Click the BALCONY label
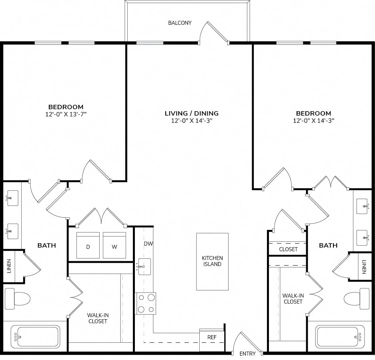(180, 23)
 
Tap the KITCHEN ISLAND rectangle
(213, 262)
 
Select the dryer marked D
(88, 245)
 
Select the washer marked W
(114, 245)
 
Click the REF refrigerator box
(212, 337)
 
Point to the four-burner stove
(146, 303)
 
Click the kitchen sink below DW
(144, 266)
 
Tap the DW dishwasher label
(148, 244)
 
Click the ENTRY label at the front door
(247, 354)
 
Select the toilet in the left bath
(18, 298)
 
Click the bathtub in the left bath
(35, 336)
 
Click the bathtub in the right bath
(340, 336)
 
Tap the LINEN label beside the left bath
(9, 266)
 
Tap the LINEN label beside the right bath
(364, 267)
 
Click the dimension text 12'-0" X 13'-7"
(66, 114)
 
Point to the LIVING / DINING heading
(192, 113)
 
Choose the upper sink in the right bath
(362, 206)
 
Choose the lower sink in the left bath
(12, 231)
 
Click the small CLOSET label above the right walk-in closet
(288, 249)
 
